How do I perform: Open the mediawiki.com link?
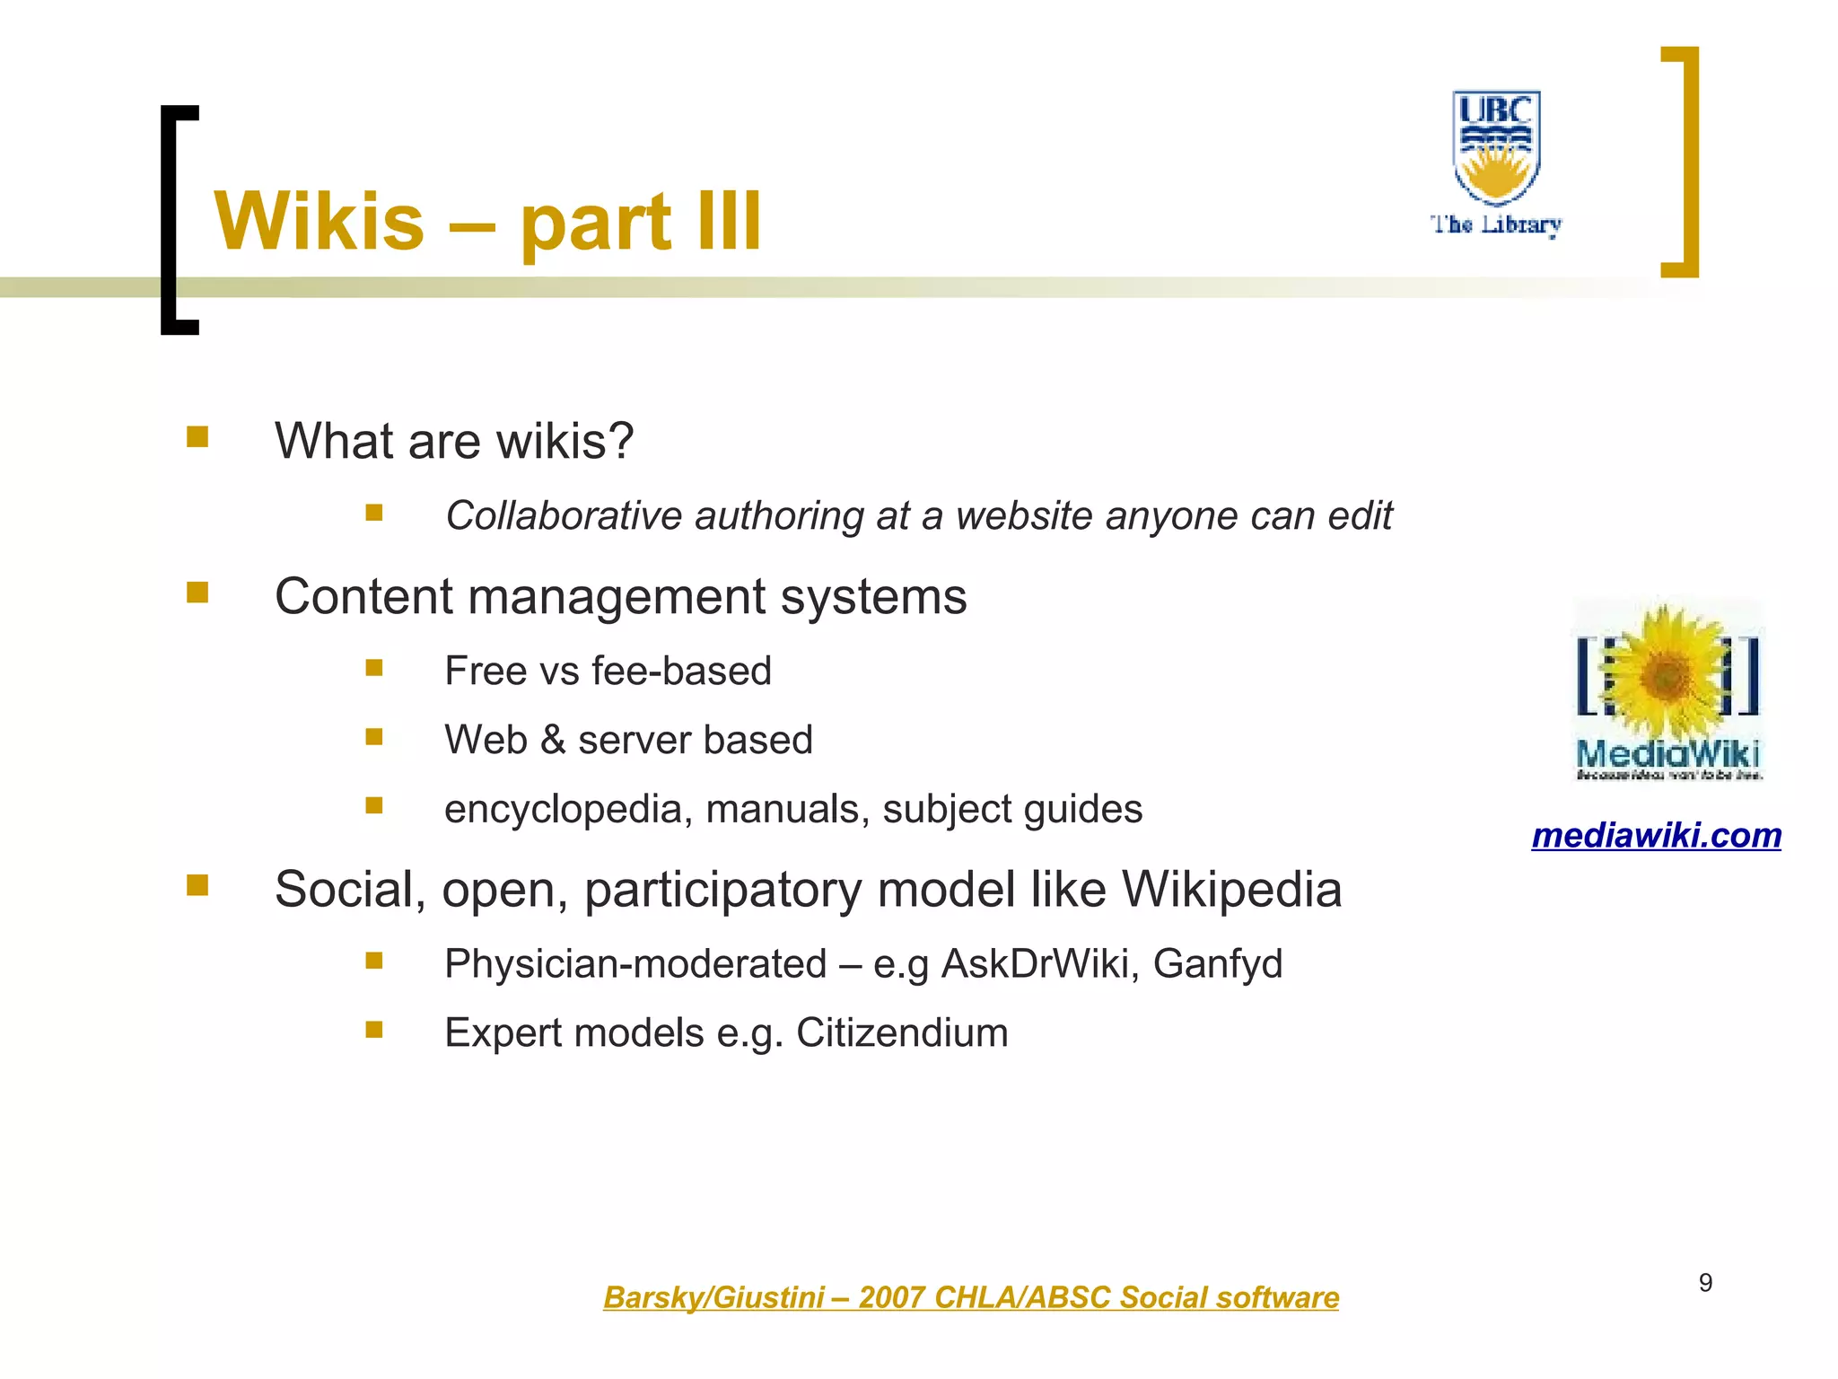(x=1656, y=836)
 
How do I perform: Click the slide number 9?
(x=1705, y=1283)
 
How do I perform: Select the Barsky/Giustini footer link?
(x=970, y=1297)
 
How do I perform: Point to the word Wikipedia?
(x=1231, y=890)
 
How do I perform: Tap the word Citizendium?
(x=902, y=1032)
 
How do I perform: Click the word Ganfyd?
(x=1217, y=963)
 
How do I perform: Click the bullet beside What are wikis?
(x=197, y=437)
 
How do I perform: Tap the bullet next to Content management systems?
(x=197, y=593)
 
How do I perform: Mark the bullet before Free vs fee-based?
(x=374, y=668)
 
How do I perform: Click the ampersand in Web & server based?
(x=553, y=740)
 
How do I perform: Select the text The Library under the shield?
(x=1496, y=224)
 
